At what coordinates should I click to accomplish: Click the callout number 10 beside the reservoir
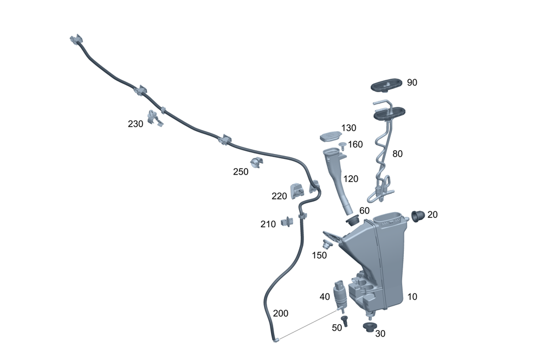click(x=412, y=297)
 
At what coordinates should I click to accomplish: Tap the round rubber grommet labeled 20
click(x=418, y=216)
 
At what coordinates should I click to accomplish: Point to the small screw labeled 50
click(x=345, y=320)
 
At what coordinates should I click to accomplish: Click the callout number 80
click(x=397, y=154)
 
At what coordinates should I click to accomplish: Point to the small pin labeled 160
click(x=344, y=145)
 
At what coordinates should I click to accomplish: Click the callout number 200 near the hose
click(x=281, y=313)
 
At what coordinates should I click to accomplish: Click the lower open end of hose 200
click(x=275, y=340)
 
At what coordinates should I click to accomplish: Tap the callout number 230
click(x=135, y=124)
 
